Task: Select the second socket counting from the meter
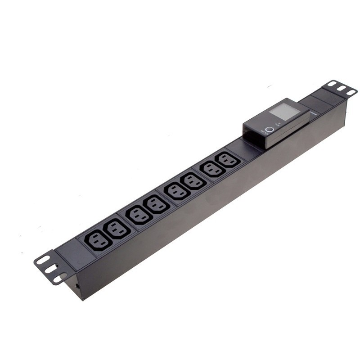click(210, 170)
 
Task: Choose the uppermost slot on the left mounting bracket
click(43, 260)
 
